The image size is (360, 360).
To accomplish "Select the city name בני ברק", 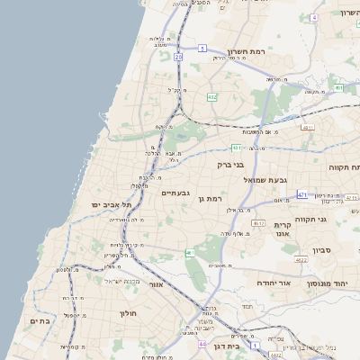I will pos(231,165).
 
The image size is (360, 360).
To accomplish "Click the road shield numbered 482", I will pos(211,97).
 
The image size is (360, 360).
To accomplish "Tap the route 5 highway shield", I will pos(203,48).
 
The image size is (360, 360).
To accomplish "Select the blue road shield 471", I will pos(302,193).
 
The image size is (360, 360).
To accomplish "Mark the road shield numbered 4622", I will pos(301,259).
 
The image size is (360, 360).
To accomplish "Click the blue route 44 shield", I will pos(202,344).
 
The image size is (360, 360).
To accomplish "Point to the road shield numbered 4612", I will pos(259,223).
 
